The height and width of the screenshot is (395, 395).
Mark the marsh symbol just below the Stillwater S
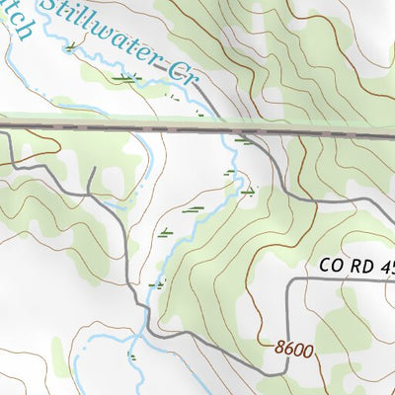click(70, 45)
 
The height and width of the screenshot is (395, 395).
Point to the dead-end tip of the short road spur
click(91, 169)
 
